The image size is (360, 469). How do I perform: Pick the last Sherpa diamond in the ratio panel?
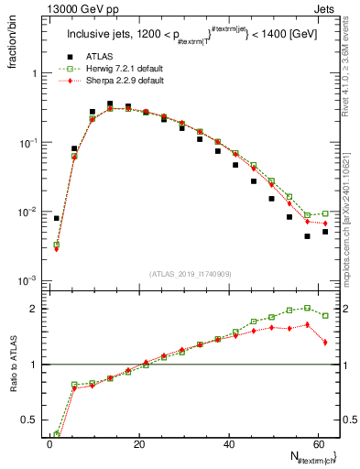point(325,342)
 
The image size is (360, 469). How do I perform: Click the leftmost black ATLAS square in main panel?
point(57,218)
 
